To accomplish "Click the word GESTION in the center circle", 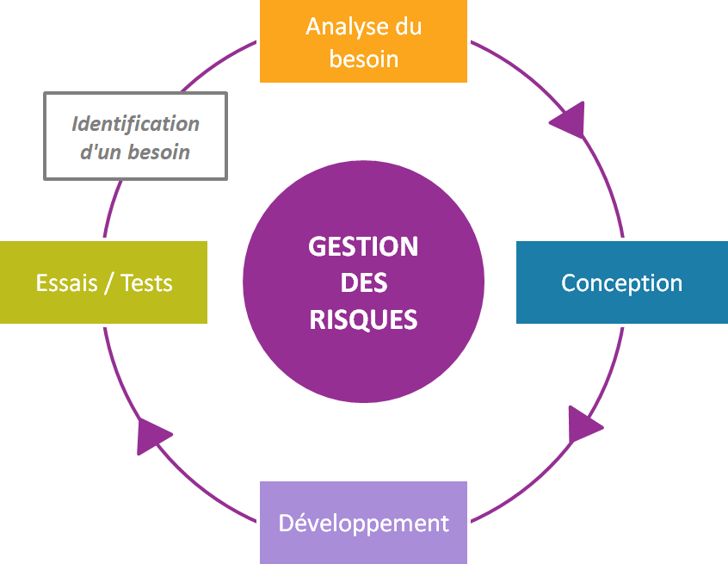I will (363, 247).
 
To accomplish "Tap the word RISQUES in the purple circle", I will (363, 319).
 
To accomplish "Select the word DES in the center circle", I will (363, 283).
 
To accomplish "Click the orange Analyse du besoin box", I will (363, 41).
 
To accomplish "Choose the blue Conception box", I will (621, 282).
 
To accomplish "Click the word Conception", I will (621, 282).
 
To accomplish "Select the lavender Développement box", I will (363, 523).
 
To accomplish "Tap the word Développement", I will (363, 523).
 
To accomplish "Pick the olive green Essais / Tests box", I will (103, 282).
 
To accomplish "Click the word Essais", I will (65, 282).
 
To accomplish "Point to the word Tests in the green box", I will (146, 282).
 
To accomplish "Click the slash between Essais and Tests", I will (108, 283).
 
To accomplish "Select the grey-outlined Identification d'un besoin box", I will (135, 136).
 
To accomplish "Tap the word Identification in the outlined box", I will (135, 124).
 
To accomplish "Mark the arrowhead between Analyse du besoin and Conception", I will (569, 120).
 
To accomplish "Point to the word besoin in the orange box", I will (363, 59).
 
